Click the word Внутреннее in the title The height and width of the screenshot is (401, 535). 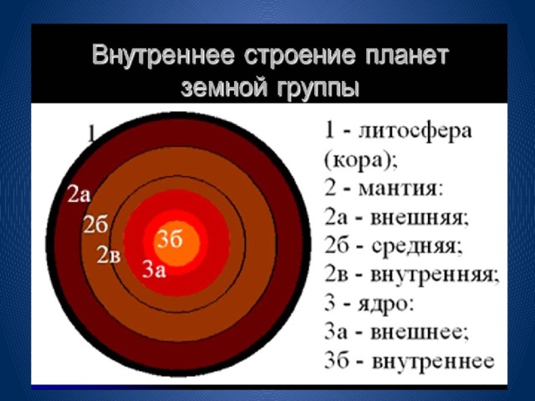pyautogui.click(x=163, y=56)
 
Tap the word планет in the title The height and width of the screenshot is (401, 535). pyautogui.click(x=406, y=56)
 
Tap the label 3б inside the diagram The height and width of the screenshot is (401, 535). pyautogui.click(x=170, y=239)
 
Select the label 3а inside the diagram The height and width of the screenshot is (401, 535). pyautogui.click(x=154, y=269)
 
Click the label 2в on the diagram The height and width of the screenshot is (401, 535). pyautogui.click(x=109, y=255)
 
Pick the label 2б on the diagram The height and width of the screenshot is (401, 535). pyautogui.click(x=96, y=224)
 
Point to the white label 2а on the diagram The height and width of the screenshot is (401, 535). pyautogui.click(x=79, y=194)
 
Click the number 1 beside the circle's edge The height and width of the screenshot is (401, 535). pyautogui.click(x=91, y=134)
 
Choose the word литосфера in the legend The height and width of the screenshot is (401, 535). pyautogui.click(x=415, y=132)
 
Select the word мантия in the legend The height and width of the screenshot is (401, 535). pyautogui.click(x=400, y=189)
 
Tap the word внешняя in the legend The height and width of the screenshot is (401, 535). pyautogui.click(x=420, y=217)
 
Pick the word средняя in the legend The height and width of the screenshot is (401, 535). pyautogui.click(x=417, y=246)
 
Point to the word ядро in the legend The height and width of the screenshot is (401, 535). pyautogui.click(x=386, y=304)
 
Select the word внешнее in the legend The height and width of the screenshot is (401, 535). pyautogui.click(x=420, y=332)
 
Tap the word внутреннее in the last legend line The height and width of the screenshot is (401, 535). pyautogui.click(x=433, y=362)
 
